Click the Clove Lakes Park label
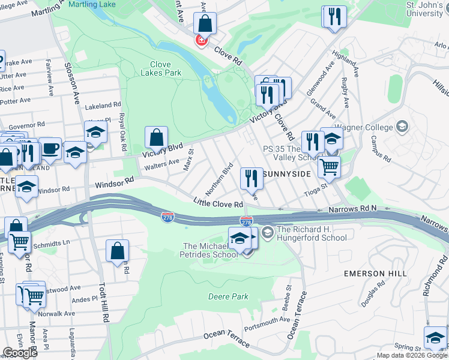coord(160,68)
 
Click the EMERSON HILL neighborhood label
coord(376,273)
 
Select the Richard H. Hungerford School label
coord(311,233)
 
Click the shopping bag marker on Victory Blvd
coord(156,138)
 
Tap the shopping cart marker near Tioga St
coord(329,167)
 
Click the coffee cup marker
coord(50,148)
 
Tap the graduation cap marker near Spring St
coord(435,337)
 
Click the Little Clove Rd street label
coord(217,204)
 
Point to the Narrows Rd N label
coord(352,209)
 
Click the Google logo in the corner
coord(20,353)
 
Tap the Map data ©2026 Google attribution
coord(412,355)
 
